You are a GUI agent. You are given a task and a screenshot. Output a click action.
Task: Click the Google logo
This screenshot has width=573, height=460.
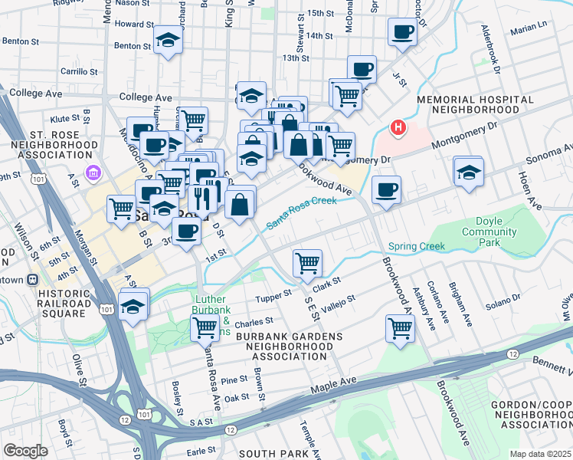click(x=25, y=451)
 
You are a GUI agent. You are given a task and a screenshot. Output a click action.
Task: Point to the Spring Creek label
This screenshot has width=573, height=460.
click(x=416, y=247)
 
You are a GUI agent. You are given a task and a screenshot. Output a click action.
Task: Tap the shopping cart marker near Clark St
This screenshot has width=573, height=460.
click(x=308, y=263)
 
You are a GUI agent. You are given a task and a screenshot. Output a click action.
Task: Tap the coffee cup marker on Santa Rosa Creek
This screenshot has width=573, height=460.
click(x=387, y=190)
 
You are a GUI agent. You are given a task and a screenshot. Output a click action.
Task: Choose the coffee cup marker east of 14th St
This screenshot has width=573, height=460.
click(x=401, y=32)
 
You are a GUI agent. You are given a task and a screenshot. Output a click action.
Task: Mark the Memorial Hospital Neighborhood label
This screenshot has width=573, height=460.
click(x=475, y=105)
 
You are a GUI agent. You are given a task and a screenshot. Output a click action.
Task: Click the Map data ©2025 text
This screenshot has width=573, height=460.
click(x=539, y=454)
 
